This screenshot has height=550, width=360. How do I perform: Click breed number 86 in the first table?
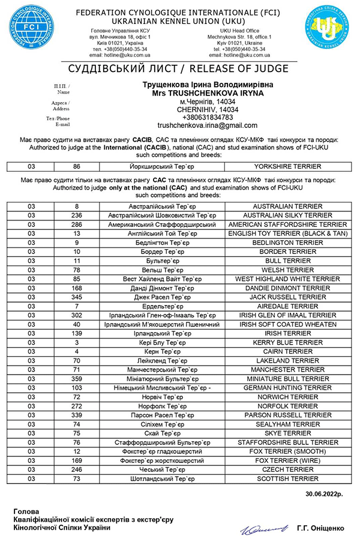76,166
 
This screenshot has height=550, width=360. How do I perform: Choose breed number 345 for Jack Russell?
76,297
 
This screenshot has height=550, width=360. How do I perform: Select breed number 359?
76,379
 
